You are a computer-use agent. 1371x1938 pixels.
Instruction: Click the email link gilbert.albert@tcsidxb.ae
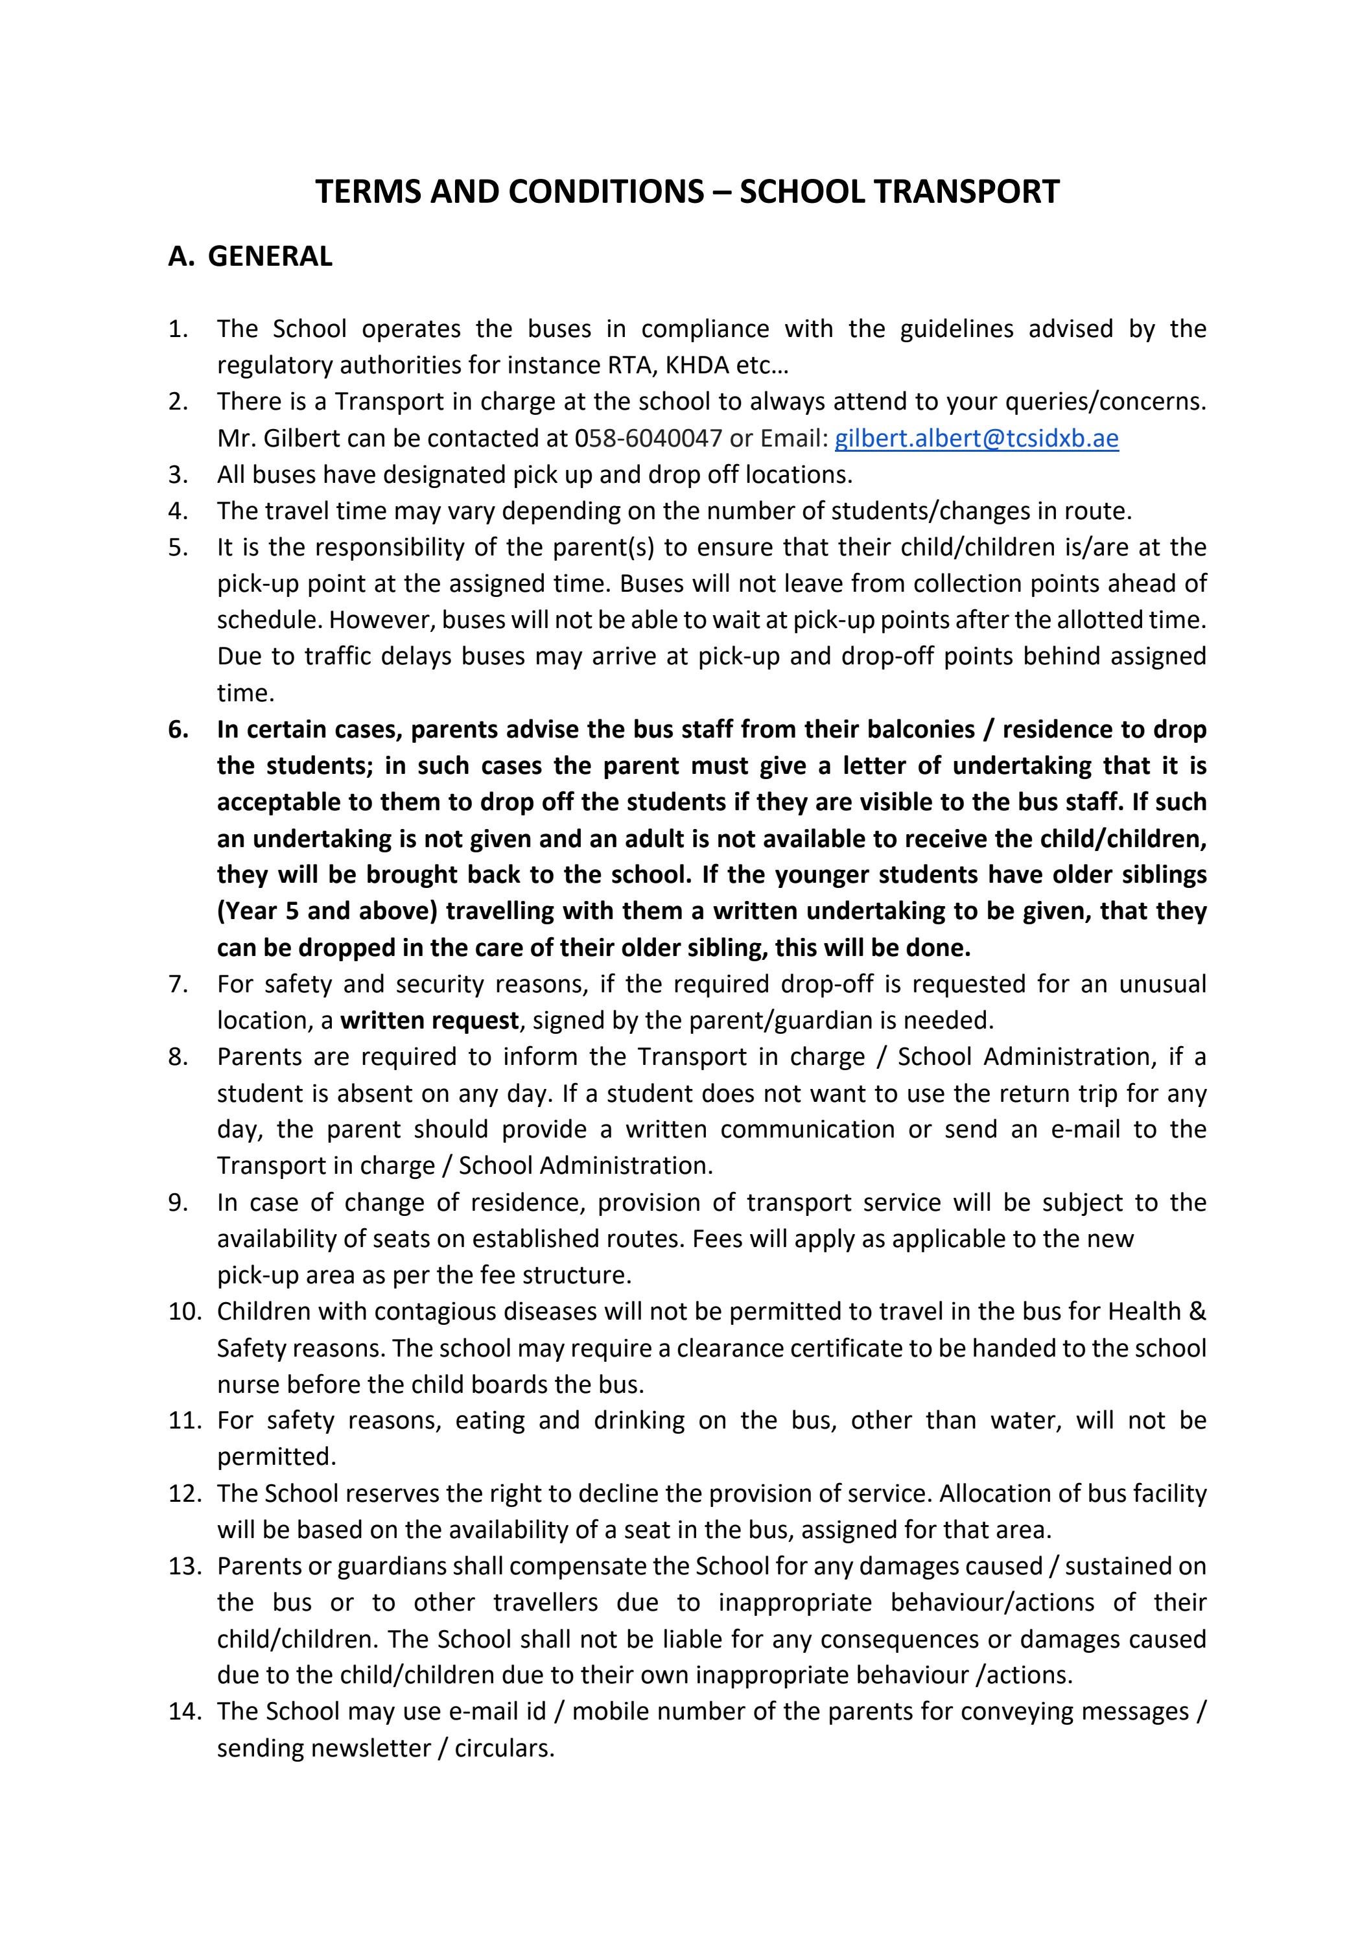pos(976,438)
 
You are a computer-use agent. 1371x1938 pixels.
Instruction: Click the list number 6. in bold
pos(178,729)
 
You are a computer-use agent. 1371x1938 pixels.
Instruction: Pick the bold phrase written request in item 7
pos(429,1020)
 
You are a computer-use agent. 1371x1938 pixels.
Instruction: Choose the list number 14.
pos(185,1712)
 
